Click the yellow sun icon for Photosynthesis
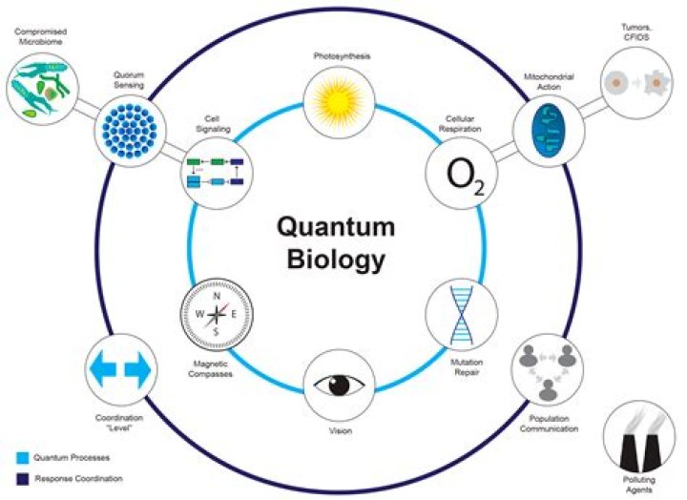(339, 102)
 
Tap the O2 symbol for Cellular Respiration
(465, 176)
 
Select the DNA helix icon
(462, 314)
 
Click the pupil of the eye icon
(340, 385)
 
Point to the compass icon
(217, 314)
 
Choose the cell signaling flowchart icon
(215, 173)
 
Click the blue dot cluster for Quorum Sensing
(130, 131)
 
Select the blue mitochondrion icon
(548, 131)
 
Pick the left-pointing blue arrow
(103, 369)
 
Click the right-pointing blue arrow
(137, 369)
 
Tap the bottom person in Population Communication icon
(548, 390)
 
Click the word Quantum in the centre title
(336, 227)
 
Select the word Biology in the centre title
(336, 260)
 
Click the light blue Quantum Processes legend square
(22, 458)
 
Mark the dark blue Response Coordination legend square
(22, 478)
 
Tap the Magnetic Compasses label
(210, 369)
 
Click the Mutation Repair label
(467, 367)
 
